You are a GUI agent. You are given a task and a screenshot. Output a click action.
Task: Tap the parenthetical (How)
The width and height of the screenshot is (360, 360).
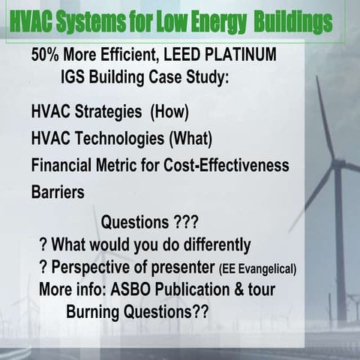point(170,112)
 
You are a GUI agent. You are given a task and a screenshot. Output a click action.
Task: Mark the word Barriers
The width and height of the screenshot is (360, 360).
point(57,191)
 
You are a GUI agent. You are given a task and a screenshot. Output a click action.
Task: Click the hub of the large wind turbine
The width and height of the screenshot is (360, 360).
point(338,164)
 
